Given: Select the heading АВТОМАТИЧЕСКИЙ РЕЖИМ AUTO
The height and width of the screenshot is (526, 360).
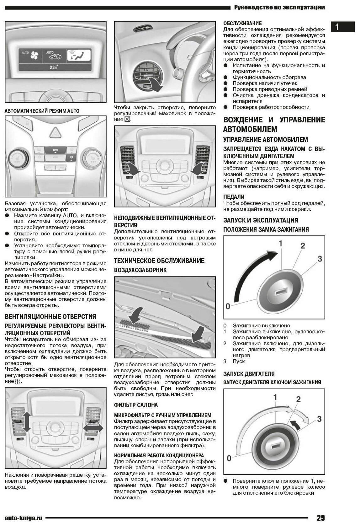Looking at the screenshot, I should (x=42, y=111).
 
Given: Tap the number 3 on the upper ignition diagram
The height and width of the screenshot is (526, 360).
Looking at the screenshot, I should (x=320, y=259).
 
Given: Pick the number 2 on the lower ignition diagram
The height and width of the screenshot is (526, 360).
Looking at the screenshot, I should (x=298, y=399).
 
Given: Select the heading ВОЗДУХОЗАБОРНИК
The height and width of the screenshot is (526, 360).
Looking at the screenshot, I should (x=140, y=270).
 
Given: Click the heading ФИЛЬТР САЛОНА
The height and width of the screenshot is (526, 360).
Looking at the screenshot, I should (x=136, y=405).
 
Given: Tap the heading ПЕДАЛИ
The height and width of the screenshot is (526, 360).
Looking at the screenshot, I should (x=234, y=197).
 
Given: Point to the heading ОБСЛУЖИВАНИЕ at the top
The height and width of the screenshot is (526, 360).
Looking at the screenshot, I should (x=242, y=23).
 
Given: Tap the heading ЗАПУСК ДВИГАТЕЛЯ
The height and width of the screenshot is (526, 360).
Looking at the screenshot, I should (x=249, y=374).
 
